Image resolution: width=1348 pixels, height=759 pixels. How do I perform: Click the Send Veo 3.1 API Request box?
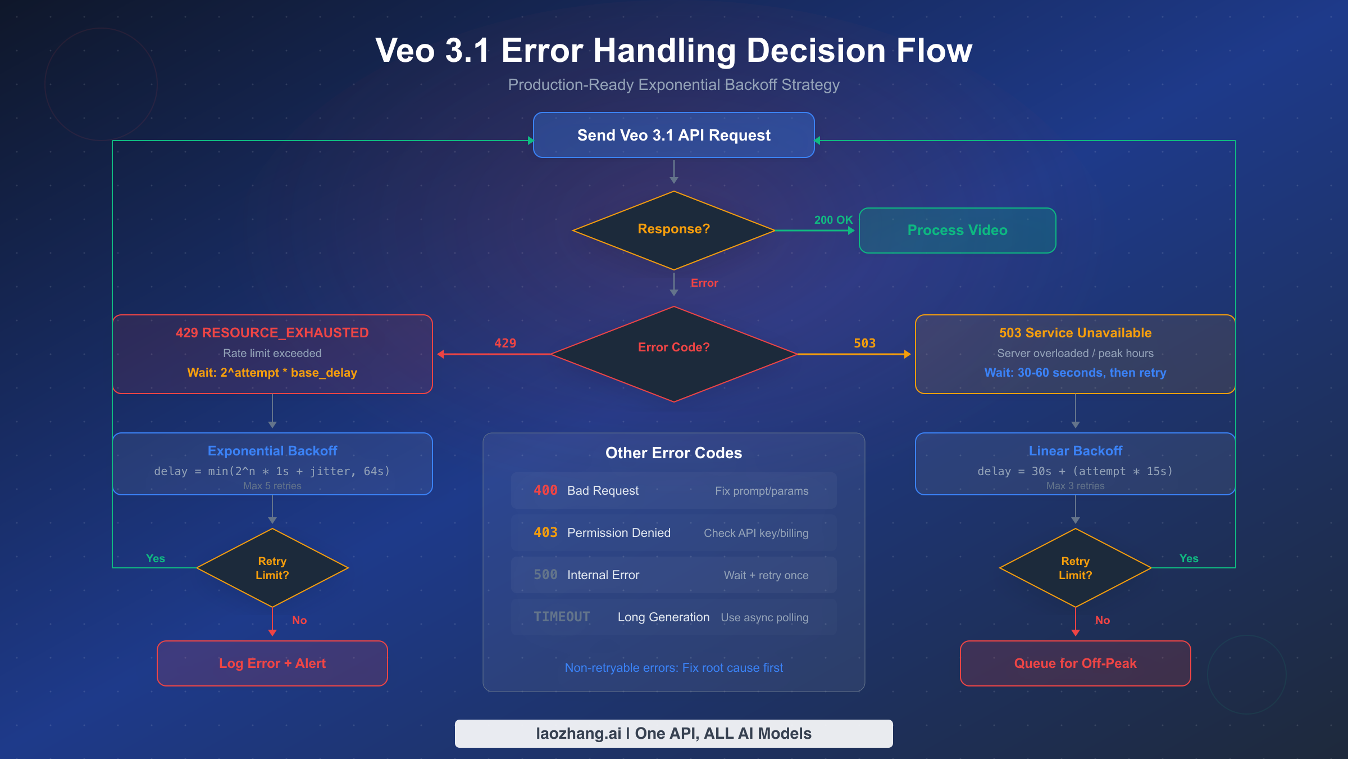[x=673, y=135]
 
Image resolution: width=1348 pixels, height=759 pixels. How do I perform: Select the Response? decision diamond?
[x=673, y=229]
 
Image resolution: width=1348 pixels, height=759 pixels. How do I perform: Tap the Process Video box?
[x=957, y=231]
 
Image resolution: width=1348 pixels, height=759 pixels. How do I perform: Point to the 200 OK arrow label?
[x=833, y=220]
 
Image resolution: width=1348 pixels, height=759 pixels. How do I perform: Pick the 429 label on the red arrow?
[x=505, y=343]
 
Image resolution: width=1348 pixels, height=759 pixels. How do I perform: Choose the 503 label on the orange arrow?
[x=864, y=343]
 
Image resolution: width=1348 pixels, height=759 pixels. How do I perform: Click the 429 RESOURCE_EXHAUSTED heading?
[x=272, y=333]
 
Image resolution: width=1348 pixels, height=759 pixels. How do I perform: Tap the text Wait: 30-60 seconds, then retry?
[x=1075, y=373]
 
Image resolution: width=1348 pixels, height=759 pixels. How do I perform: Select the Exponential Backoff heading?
[x=272, y=451]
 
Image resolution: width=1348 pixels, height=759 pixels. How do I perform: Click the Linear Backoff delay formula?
[x=1075, y=471]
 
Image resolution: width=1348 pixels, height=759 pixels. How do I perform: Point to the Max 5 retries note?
[x=272, y=486]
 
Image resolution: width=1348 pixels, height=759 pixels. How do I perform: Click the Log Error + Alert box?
[x=272, y=663]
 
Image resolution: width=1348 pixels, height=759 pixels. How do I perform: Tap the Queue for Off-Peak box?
[x=1075, y=663]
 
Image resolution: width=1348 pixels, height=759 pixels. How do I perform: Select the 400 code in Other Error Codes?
[x=545, y=490]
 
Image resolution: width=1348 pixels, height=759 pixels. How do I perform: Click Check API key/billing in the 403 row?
[x=756, y=533]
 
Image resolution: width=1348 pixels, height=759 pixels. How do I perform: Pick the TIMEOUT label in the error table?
[x=562, y=617]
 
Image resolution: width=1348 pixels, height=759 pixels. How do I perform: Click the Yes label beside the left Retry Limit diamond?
[x=156, y=558]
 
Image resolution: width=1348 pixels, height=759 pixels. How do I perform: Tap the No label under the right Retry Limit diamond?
[x=1102, y=620]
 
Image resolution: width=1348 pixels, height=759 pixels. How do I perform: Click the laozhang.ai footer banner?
[x=673, y=734]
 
